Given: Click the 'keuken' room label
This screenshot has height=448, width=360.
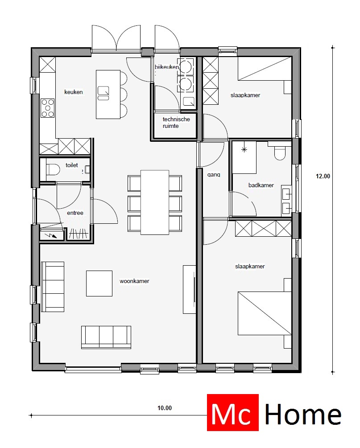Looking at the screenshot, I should pos(74,92).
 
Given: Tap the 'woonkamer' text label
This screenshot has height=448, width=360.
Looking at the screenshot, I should pos(134,281).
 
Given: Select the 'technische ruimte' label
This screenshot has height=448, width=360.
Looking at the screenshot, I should pos(176,123).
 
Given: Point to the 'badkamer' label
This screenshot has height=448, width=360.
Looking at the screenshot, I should pos(261,185).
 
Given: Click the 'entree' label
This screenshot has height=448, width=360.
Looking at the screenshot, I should pos(75,213).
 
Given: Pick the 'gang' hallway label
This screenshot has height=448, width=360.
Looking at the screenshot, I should pos(214,175).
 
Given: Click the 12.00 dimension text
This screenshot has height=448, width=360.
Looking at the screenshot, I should pos(323,176).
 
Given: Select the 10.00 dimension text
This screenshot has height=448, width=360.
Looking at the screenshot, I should pos(164,407).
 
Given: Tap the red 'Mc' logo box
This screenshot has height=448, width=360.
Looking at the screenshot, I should pos(233,413).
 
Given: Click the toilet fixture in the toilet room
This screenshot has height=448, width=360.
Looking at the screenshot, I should pos(52,170).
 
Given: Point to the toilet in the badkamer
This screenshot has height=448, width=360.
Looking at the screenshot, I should pos(280,153).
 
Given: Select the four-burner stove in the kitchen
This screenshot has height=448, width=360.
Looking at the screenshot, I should pos(48,107).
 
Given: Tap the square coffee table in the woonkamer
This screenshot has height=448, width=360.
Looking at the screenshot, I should pos(99,284).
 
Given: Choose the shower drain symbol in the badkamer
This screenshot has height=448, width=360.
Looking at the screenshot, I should pos(244,150).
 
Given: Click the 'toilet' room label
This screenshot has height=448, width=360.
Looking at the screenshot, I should pos(72,165).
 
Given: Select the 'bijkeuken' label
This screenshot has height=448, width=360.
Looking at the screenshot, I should pos(166,67).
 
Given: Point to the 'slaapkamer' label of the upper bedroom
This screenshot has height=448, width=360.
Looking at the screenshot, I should pos(245,95).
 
